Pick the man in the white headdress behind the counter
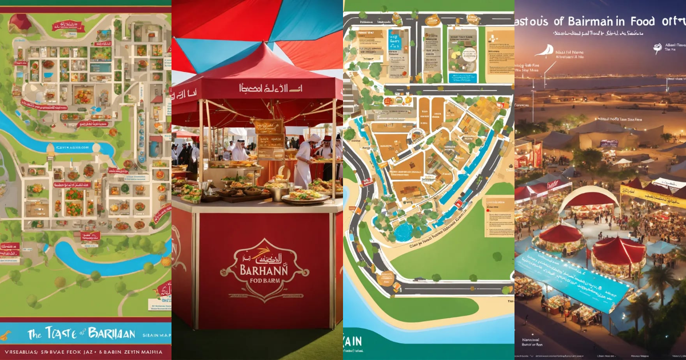point(239,150)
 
